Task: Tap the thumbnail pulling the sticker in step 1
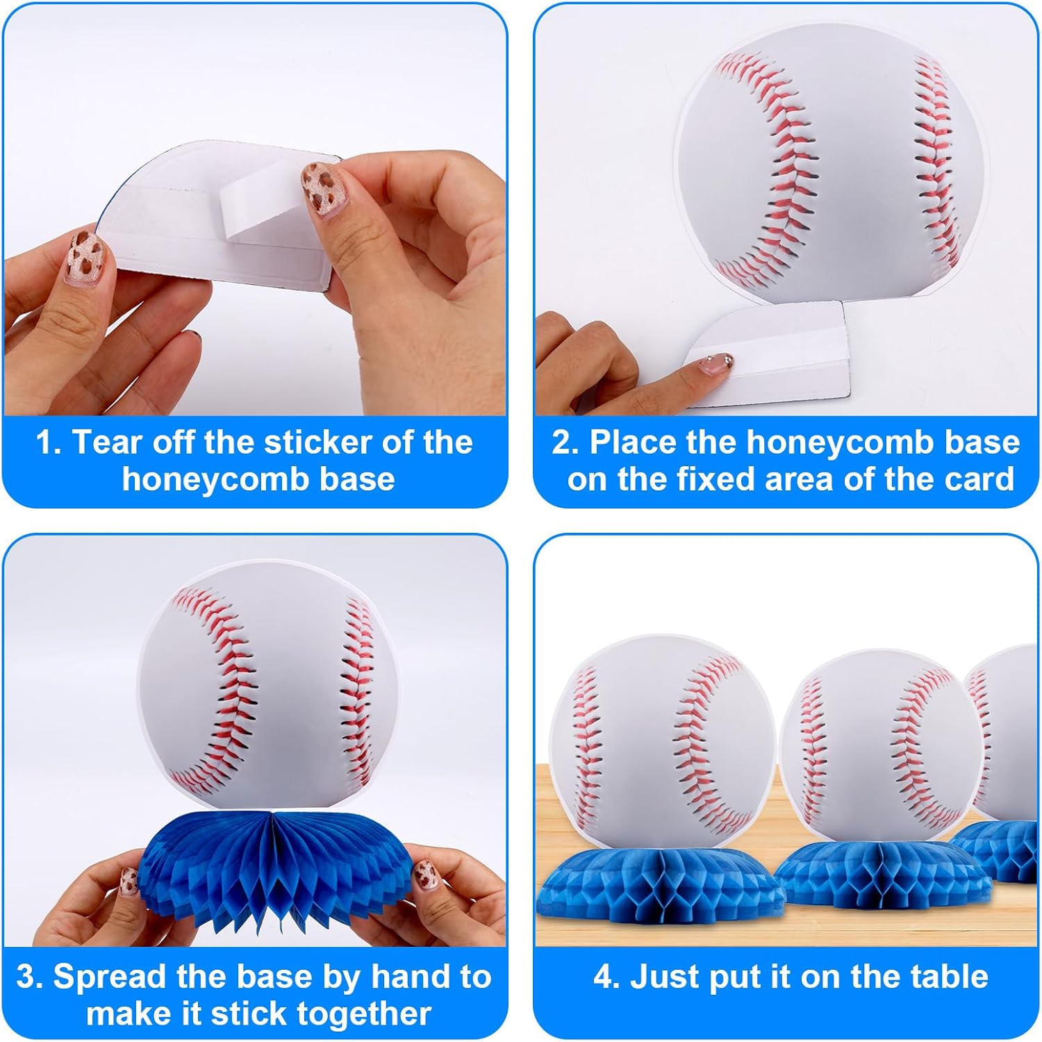click(322, 189)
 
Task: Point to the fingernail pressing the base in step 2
click(718, 363)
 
